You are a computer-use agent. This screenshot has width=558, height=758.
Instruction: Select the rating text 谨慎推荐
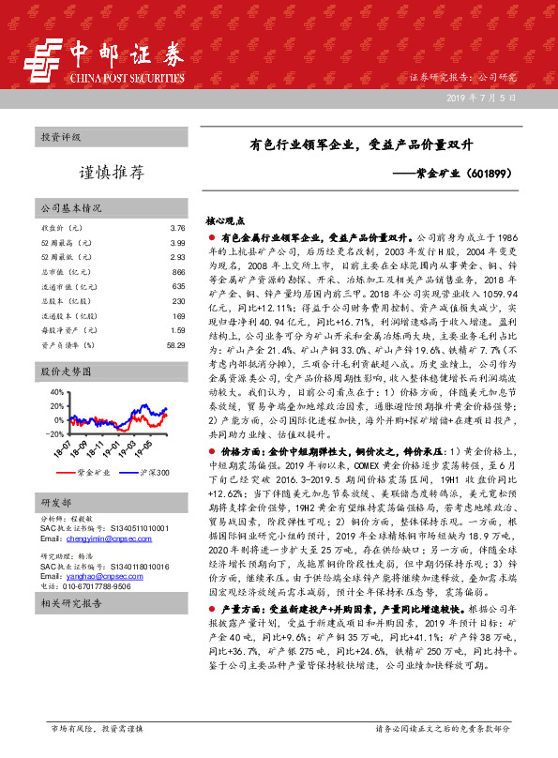coord(111,172)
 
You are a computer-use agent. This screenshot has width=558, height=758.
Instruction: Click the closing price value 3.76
coord(178,228)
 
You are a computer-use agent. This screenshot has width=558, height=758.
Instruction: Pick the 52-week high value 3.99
coord(178,243)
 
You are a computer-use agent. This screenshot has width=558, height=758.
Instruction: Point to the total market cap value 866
coord(178,272)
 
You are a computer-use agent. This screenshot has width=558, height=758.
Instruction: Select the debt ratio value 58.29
coord(175,346)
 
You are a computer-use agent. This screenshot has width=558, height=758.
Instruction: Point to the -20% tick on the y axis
coord(53,433)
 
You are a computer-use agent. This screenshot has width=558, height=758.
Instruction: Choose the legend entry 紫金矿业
coord(93,471)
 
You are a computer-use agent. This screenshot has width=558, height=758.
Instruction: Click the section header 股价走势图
coord(61,372)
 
